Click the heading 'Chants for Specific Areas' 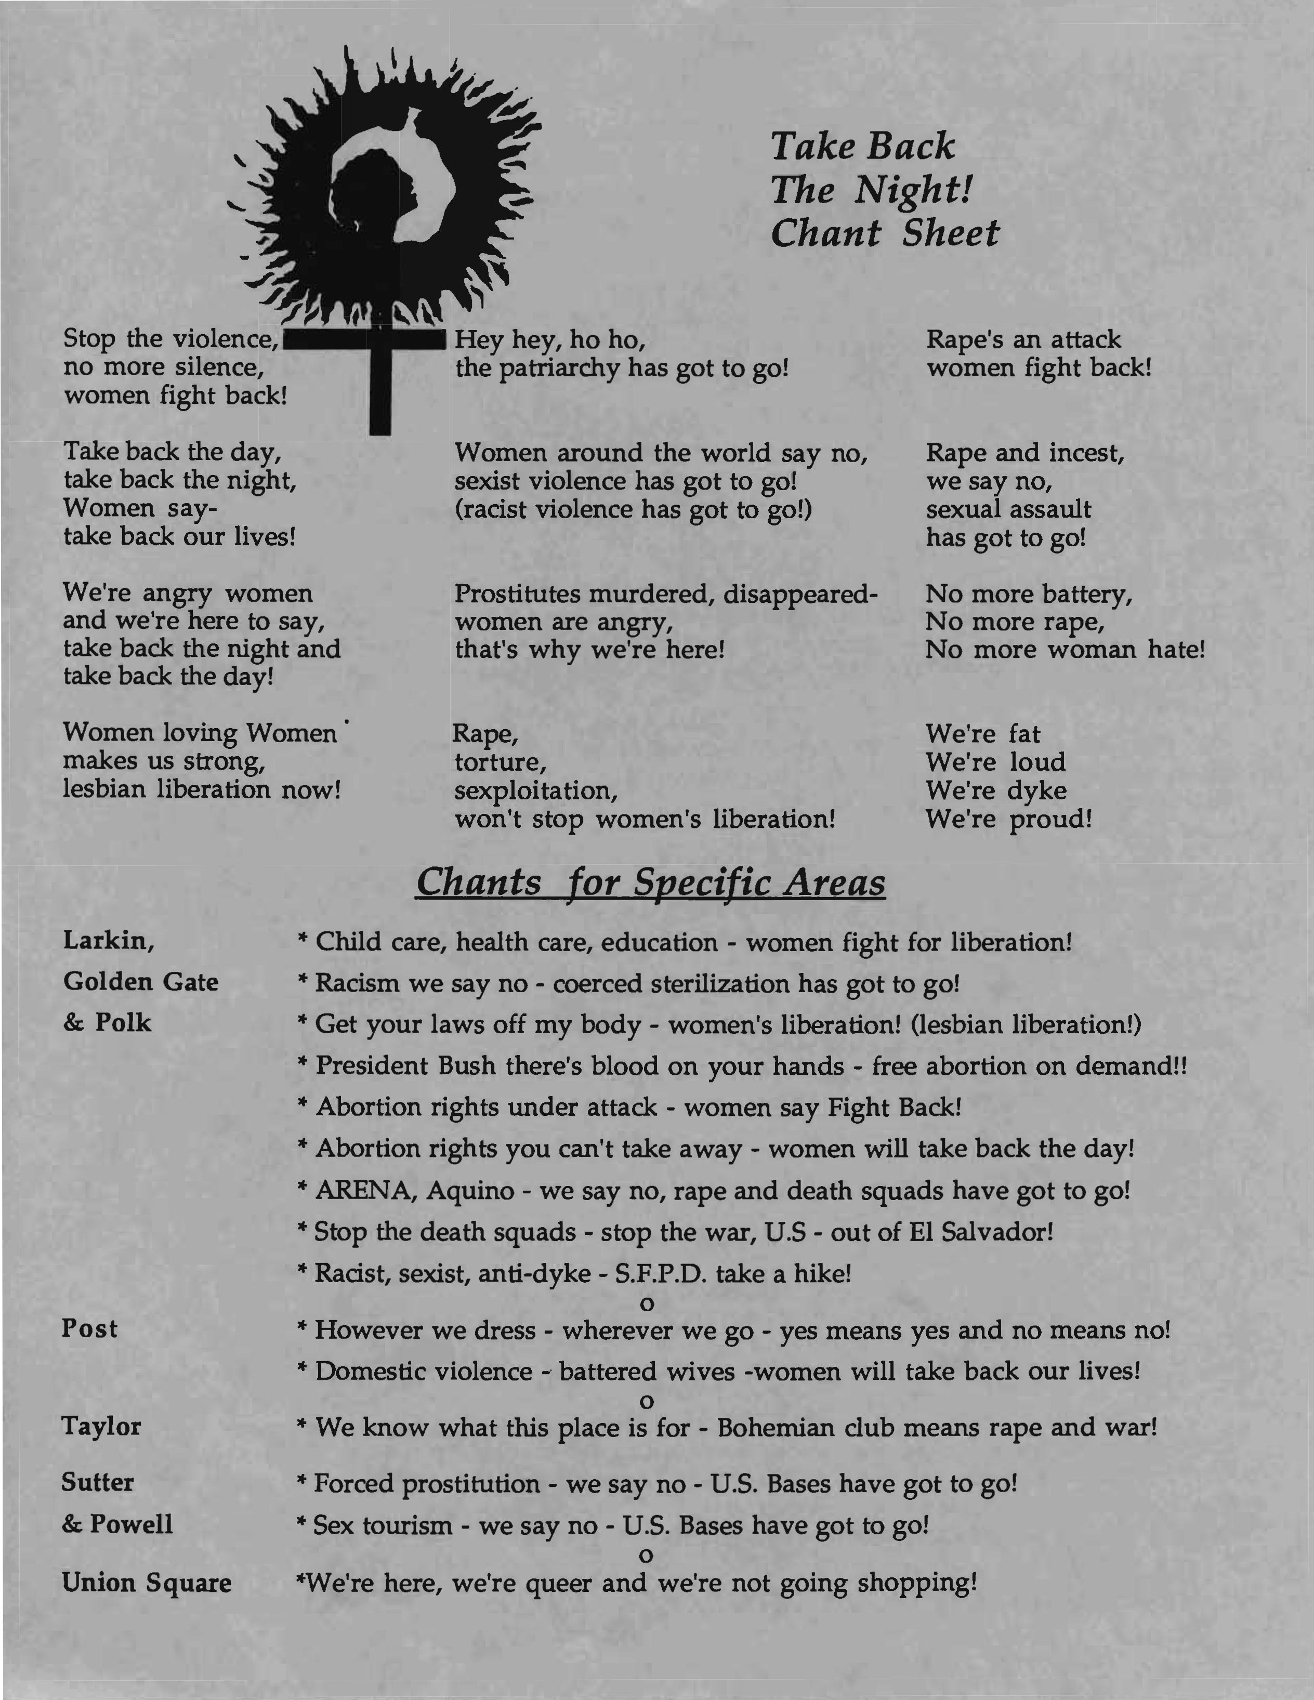click(x=650, y=882)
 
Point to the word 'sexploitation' click(x=535, y=791)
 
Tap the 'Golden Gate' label click(x=141, y=982)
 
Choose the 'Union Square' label click(x=147, y=1583)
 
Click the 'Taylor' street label click(x=101, y=1426)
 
